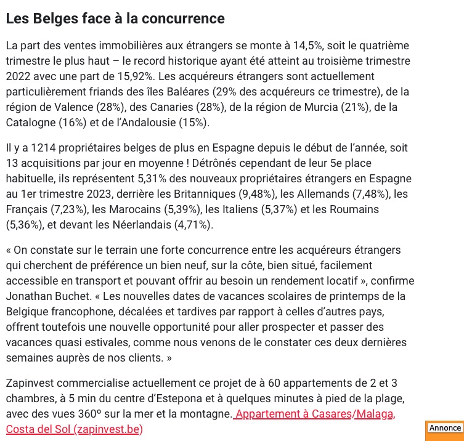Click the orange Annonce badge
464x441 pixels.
pos(444,429)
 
